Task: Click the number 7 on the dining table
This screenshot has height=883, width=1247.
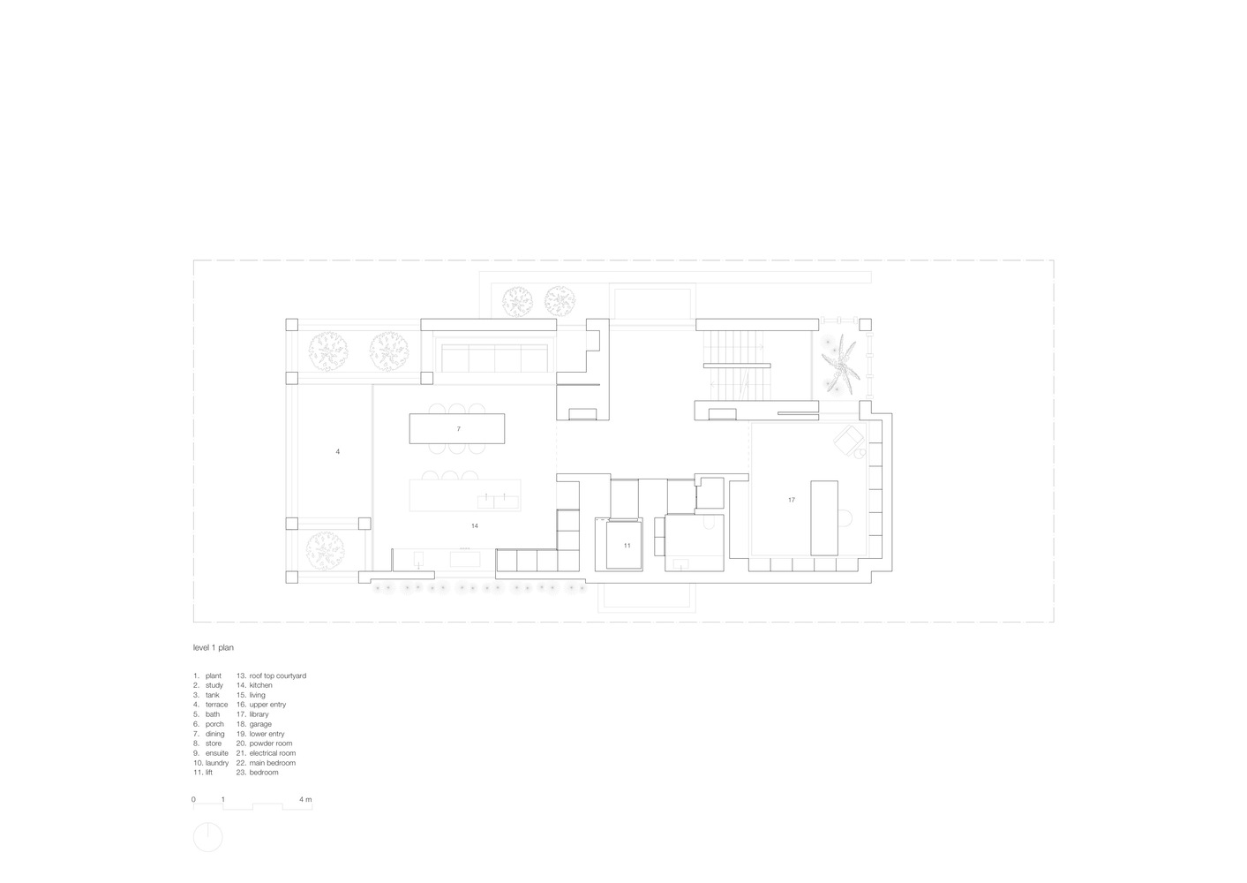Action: point(459,429)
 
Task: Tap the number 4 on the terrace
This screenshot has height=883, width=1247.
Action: point(337,452)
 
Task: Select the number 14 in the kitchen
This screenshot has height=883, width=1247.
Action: point(474,526)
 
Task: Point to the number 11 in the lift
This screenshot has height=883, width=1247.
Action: point(627,546)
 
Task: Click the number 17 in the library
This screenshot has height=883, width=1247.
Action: point(791,501)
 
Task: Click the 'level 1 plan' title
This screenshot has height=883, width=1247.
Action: point(214,647)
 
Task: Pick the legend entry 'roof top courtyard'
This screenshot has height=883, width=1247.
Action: point(278,675)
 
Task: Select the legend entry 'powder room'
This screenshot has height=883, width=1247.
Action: point(271,743)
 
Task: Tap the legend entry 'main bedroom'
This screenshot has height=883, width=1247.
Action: point(272,763)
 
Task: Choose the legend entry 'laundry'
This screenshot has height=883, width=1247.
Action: point(217,763)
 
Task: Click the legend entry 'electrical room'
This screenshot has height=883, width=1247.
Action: point(272,753)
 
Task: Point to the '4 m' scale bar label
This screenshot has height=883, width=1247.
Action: point(305,799)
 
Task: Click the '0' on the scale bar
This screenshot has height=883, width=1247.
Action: point(194,799)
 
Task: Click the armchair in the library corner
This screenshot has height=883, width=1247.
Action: point(848,439)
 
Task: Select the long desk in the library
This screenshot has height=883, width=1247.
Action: point(824,518)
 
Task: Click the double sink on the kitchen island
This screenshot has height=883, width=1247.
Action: point(499,501)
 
